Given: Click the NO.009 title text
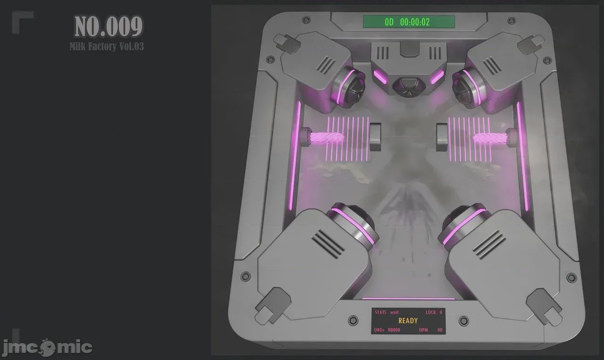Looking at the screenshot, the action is pos(109,26).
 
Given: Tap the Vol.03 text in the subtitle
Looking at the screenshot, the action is pos(132,46).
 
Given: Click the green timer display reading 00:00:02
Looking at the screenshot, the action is pos(409,22).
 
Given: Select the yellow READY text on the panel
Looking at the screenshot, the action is pos(408,321).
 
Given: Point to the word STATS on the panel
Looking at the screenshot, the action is pos(380,312).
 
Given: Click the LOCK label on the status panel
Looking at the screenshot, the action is pos(431,312).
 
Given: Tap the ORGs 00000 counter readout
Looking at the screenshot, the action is pos(387,330).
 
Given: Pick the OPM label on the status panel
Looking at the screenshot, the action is pos(423,330).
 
